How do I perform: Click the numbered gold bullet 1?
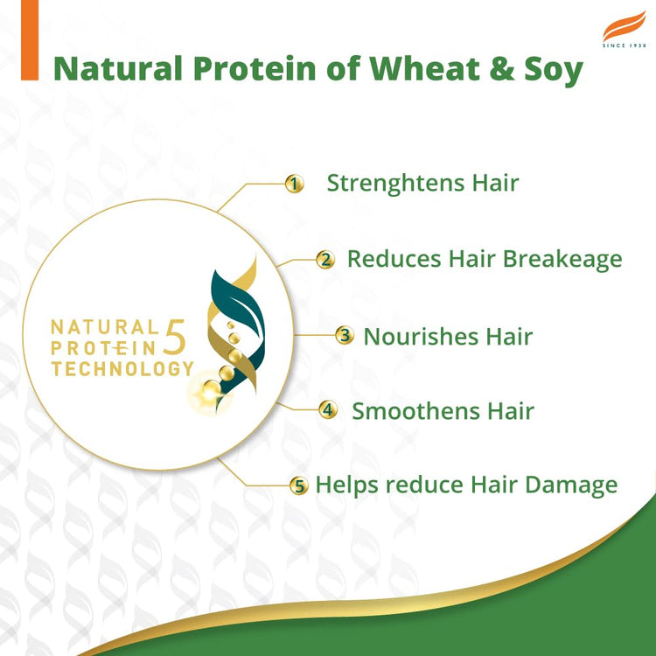coord(295,184)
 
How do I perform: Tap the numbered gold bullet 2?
coord(325,260)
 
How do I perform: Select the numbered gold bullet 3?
coord(345,336)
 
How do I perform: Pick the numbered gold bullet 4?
coord(328,409)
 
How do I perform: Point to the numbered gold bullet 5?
coord(299,485)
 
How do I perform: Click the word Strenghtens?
coord(392,184)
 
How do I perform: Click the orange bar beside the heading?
coord(30,40)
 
